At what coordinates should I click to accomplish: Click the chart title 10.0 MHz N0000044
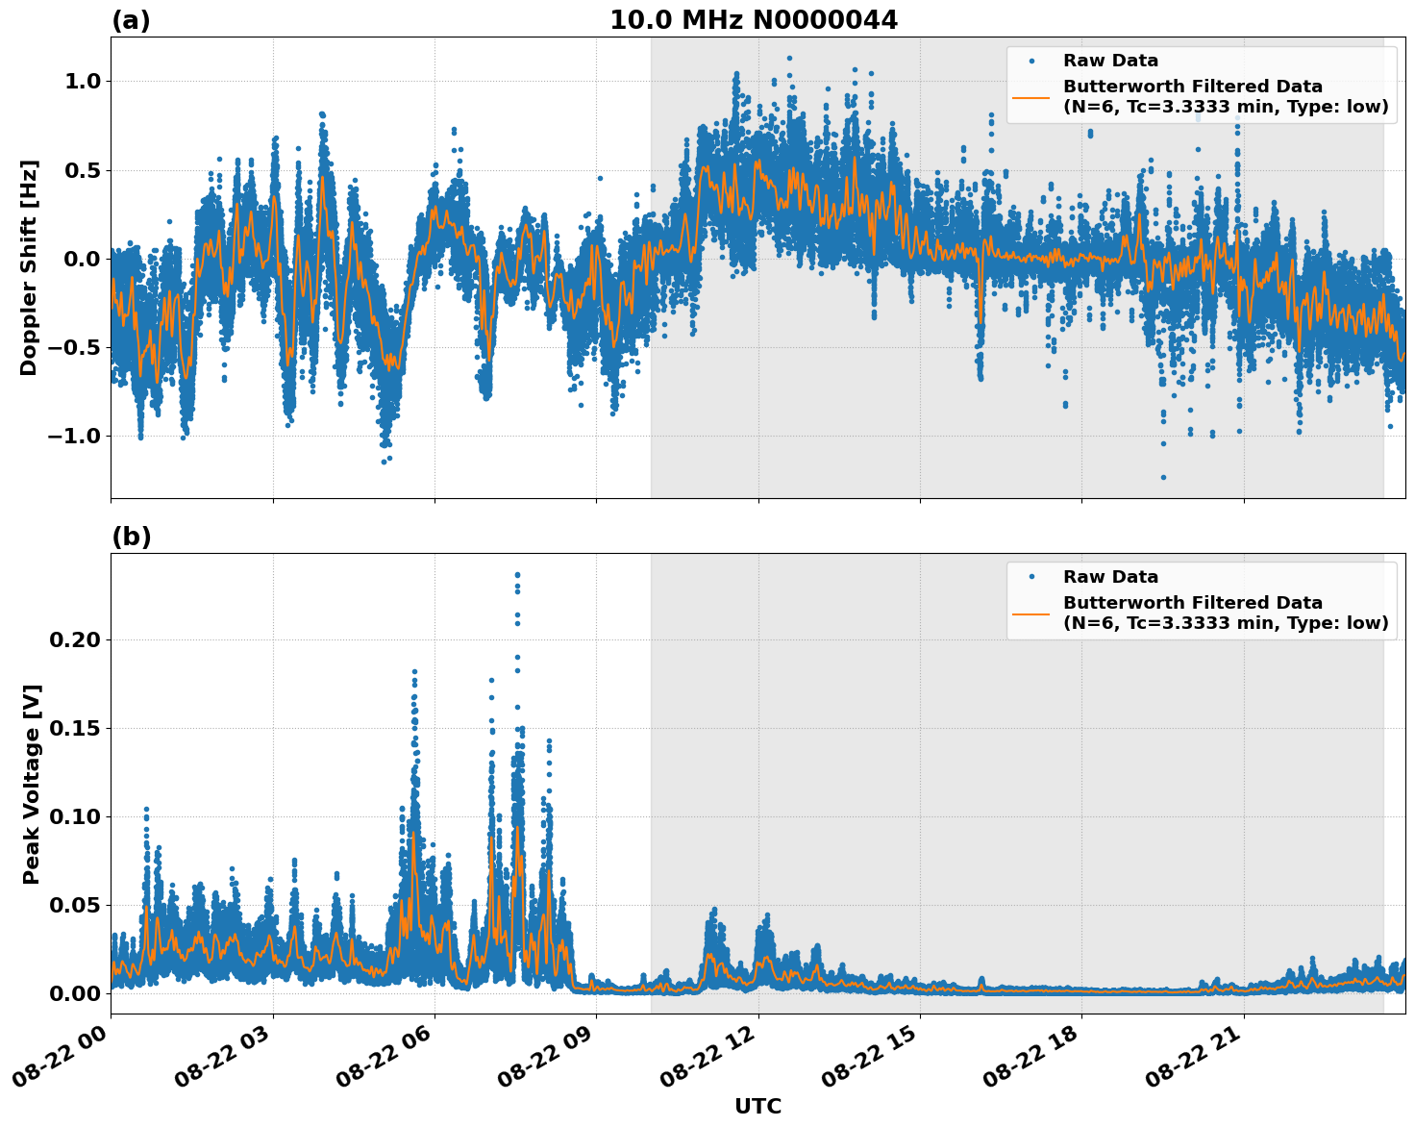tap(753, 20)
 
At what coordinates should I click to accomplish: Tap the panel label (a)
tap(131, 20)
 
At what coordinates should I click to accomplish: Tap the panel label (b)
tap(131, 537)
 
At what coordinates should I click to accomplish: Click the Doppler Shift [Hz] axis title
tap(29, 267)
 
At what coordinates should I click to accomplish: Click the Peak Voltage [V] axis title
tap(32, 784)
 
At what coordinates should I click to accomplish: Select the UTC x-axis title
tap(757, 1106)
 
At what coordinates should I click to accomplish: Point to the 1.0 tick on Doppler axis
tap(82, 82)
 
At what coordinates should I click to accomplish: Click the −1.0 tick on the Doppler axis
tap(73, 437)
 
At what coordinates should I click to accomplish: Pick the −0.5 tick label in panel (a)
tap(73, 348)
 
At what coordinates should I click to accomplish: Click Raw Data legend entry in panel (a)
tap(1110, 61)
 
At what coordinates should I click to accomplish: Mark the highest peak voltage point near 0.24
tap(517, 575)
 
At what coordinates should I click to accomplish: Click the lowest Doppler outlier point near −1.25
tap(1162, 477)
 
